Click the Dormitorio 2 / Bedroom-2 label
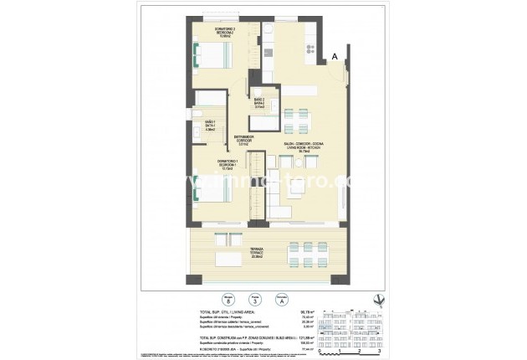click(205, 33)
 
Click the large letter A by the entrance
click(335, 56)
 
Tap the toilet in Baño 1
click(196, 114)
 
